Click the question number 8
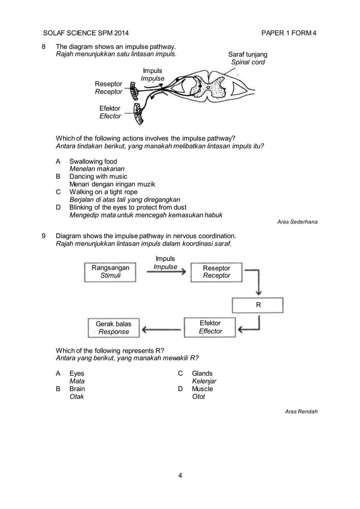(45, 46)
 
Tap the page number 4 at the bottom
(179, 475)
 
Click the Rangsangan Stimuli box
(111, 271)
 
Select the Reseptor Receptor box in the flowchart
(216, 271)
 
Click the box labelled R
(258, 305)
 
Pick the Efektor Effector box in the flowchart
(210, 327)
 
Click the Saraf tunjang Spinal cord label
(248, 58)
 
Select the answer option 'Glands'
(202, 374)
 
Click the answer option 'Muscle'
(202, 389)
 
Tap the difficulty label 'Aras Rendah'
(301, 411)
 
